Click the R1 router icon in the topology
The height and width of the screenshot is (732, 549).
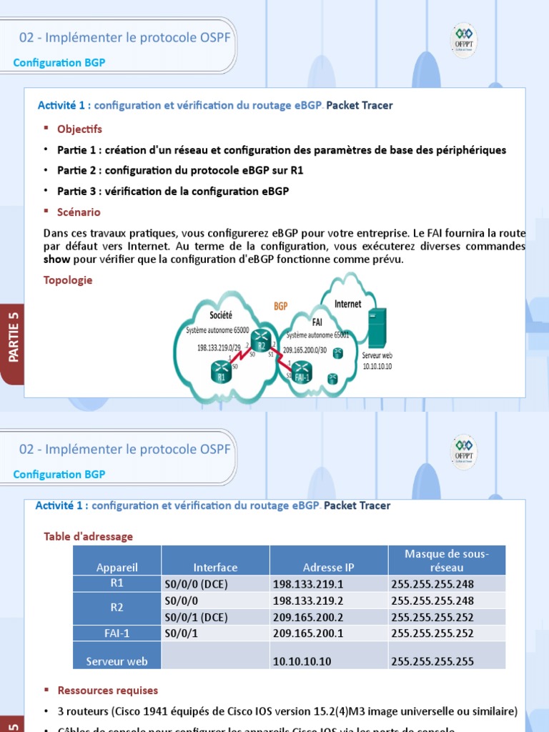[222, 372]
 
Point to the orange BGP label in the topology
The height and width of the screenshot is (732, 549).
[280, 306]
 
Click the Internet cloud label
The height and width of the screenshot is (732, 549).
[347, 304]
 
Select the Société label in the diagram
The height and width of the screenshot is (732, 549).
[221, 315]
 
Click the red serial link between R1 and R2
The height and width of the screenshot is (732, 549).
[242, 357]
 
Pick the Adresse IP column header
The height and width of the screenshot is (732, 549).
[328, 568]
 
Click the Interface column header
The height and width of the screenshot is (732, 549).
[215, 568]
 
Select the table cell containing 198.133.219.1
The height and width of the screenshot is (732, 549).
[328, 584]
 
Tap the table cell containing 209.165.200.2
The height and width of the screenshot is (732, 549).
[328, 617]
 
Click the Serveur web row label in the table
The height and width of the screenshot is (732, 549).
[117, 661]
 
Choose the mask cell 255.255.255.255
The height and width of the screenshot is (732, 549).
[432, 662]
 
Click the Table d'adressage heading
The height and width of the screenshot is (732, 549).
[88, 536]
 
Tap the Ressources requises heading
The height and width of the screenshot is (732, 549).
[107, 691]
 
